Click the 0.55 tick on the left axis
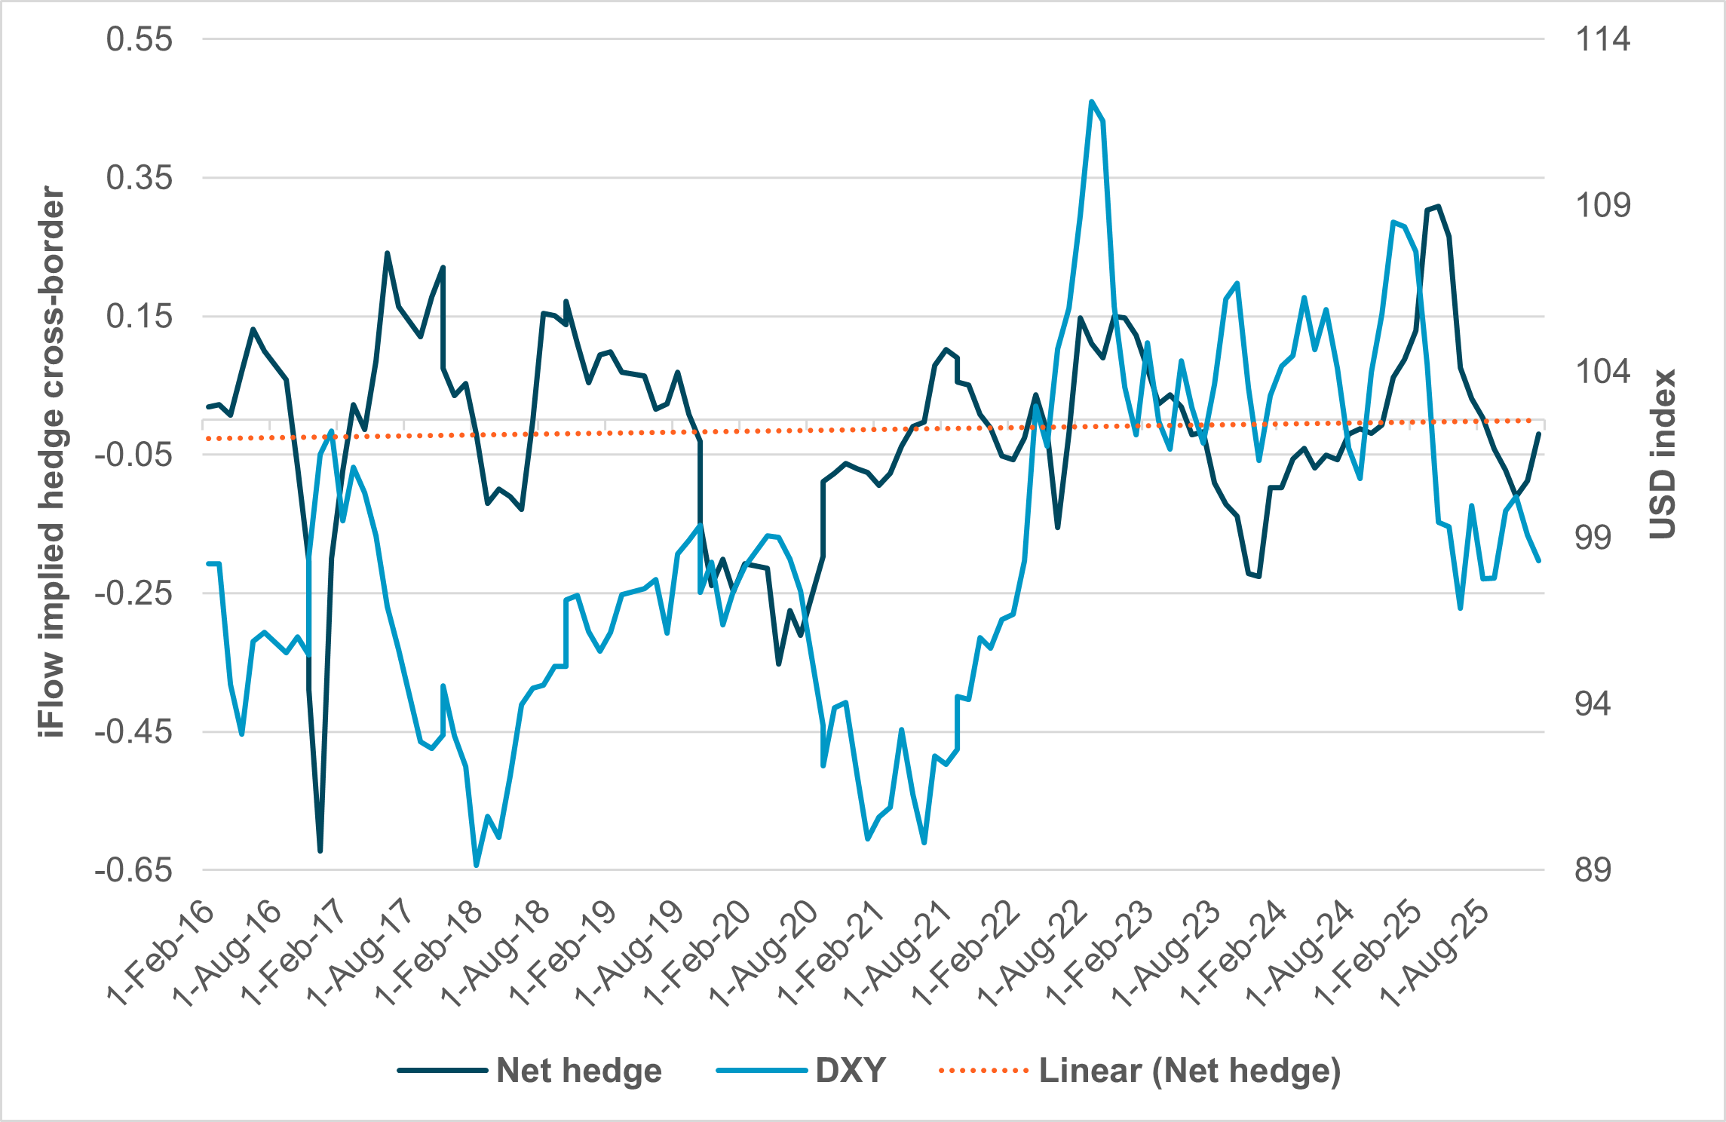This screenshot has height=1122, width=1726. [139, 39]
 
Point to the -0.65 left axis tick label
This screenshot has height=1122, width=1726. [133, 870]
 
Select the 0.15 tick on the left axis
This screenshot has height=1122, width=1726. [139, 316]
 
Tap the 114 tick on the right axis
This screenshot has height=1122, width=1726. [1602, 39]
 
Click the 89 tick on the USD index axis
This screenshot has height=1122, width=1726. [1593, 870]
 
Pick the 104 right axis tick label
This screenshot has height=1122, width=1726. [1602, 372]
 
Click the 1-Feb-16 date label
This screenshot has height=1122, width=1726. [161, 954]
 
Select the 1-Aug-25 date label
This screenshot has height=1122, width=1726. [1434, 954]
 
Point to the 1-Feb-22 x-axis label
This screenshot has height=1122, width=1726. [966, 954]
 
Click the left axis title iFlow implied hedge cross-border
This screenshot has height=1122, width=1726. [52, 461]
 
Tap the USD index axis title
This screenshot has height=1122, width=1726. [1662, 454]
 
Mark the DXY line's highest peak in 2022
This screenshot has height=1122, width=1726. [1091, 101]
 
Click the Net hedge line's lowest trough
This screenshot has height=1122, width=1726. [320, 851]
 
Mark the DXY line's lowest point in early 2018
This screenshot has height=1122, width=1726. [476, 866]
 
